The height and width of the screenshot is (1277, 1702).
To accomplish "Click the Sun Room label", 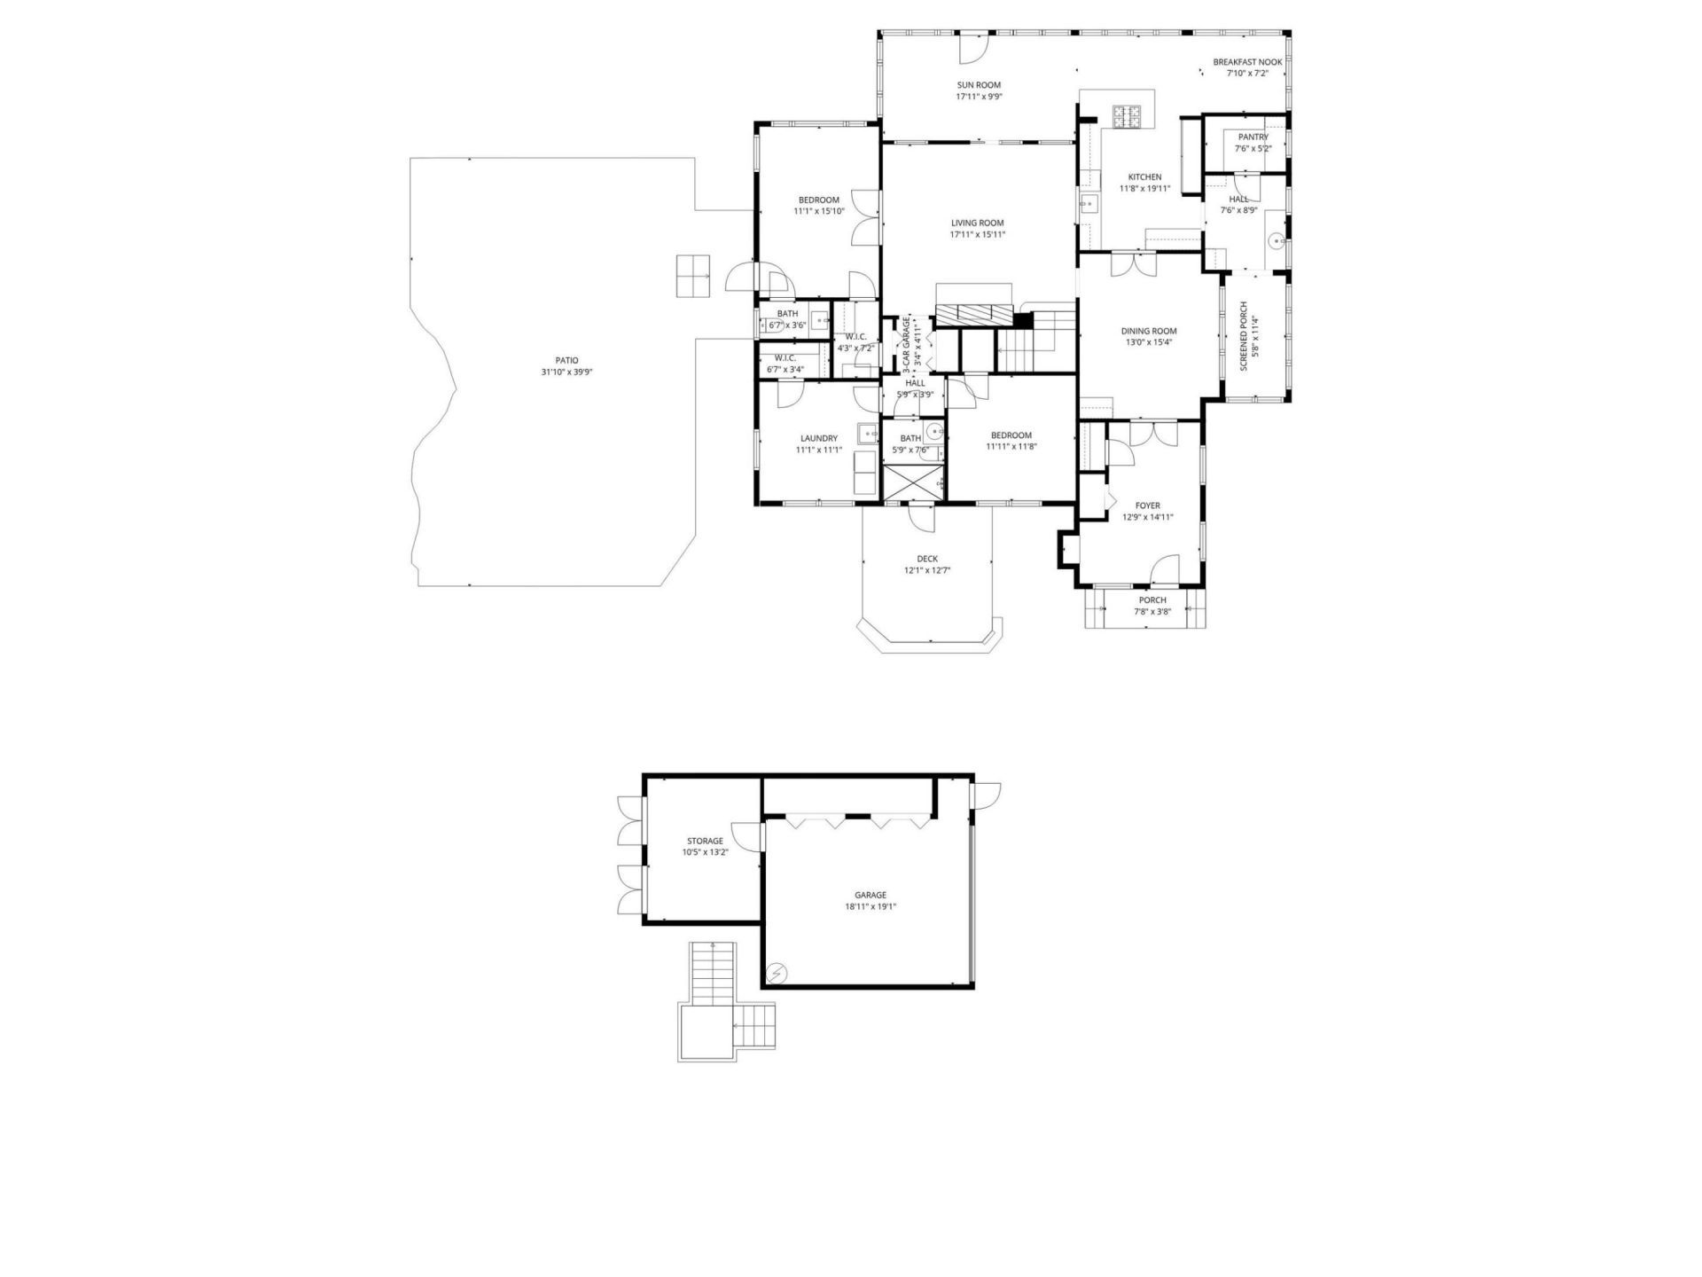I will point(979,85).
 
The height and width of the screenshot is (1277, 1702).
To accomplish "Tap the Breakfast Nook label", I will point(1247,62).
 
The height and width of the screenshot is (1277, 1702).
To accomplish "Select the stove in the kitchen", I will point(1127,114).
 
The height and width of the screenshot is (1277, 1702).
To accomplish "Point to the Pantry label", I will point(1253,137).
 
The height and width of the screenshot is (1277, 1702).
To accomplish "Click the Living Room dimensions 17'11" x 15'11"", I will point(978,235).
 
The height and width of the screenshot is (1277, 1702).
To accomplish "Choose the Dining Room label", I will point(1148,332).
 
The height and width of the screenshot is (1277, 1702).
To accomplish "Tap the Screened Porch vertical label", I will point(1243,336).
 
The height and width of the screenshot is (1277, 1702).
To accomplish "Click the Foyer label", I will point(1147,506).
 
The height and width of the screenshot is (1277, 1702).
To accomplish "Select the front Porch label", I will point(1152,600).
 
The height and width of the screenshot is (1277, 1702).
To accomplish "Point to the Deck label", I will point(927,559).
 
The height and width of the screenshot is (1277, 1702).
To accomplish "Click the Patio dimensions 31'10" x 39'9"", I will point(566,372).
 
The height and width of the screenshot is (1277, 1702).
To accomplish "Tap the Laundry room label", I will point(818,438).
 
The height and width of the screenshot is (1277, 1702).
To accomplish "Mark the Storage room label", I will point(705,841).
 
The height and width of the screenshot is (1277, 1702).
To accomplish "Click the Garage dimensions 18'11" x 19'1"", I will point(871,907).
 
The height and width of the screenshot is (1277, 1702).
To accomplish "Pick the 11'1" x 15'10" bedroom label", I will point(818,200).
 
